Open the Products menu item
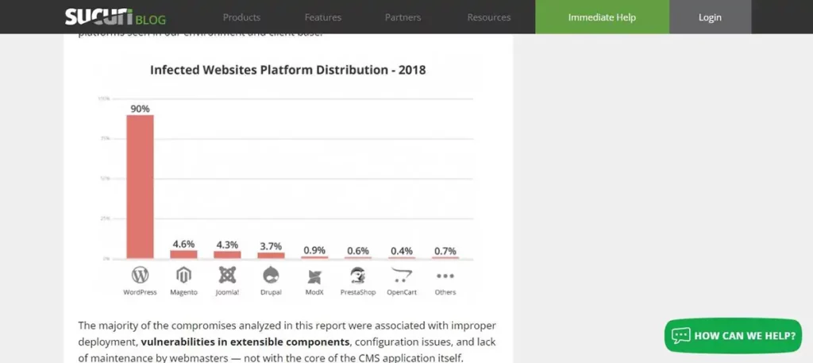click(241, 17)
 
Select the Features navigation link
click(322, 17)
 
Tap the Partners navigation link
click(403, 17)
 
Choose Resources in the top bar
click(489, 17)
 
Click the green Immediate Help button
click(602, 17)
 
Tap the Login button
click(710, 17)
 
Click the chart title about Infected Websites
click(288, 70)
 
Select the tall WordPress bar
click(140, 187)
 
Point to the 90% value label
click(140, 109)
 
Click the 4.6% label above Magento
click(183, 245)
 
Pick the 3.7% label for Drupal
click(271, 246)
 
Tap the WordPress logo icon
click(140, 275)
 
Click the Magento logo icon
click(183, 275)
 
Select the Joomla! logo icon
click(227, 275)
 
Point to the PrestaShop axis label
click(358, 292)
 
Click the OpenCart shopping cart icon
click(402, 275)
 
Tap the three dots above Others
click(445, 276)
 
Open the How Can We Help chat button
click(733, 335)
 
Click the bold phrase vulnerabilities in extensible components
click(245, 342)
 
